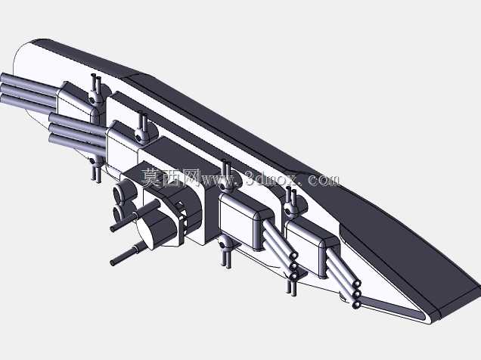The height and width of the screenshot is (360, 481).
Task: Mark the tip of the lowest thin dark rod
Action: [x=113, y=262]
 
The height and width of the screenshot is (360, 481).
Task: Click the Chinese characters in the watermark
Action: [x=170, y=178]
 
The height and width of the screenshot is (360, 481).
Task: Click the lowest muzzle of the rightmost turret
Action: [x=356, y=305]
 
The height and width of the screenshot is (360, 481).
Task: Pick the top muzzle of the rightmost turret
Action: [x=356, y=284]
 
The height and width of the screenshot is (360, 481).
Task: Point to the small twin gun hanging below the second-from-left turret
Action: [x=96, y=169]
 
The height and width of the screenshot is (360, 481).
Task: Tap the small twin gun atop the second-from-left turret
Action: [x=141, y=128]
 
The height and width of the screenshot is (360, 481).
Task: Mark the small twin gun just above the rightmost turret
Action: [x=290, y=203]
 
